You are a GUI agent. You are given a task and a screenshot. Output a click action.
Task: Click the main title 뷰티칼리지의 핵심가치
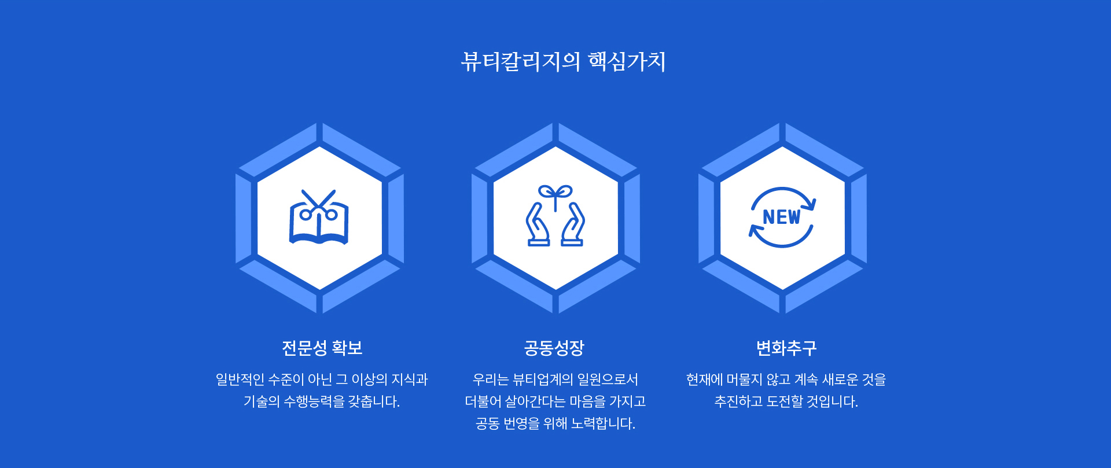563,61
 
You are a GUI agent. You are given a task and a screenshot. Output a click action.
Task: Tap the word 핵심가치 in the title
627,61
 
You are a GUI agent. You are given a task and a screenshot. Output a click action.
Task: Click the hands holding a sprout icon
555,216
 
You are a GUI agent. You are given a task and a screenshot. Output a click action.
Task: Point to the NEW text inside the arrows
781,217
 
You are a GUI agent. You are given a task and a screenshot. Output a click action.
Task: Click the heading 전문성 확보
322,348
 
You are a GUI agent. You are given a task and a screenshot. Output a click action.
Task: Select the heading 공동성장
554,348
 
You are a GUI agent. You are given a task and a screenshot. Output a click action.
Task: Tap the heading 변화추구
786,348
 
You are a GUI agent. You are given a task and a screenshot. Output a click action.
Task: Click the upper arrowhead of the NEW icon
811,205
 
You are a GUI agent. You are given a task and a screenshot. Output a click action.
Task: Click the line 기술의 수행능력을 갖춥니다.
322,401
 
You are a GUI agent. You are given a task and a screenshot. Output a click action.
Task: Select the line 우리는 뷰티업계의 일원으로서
555,379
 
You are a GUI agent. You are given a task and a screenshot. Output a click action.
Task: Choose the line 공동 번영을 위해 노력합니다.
555,423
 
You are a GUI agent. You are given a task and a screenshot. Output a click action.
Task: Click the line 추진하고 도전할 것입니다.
786,401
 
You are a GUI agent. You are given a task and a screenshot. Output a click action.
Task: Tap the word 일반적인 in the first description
240,379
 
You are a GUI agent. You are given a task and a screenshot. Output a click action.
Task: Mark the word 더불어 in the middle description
483,401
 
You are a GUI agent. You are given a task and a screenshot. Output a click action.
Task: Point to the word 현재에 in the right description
705,379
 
